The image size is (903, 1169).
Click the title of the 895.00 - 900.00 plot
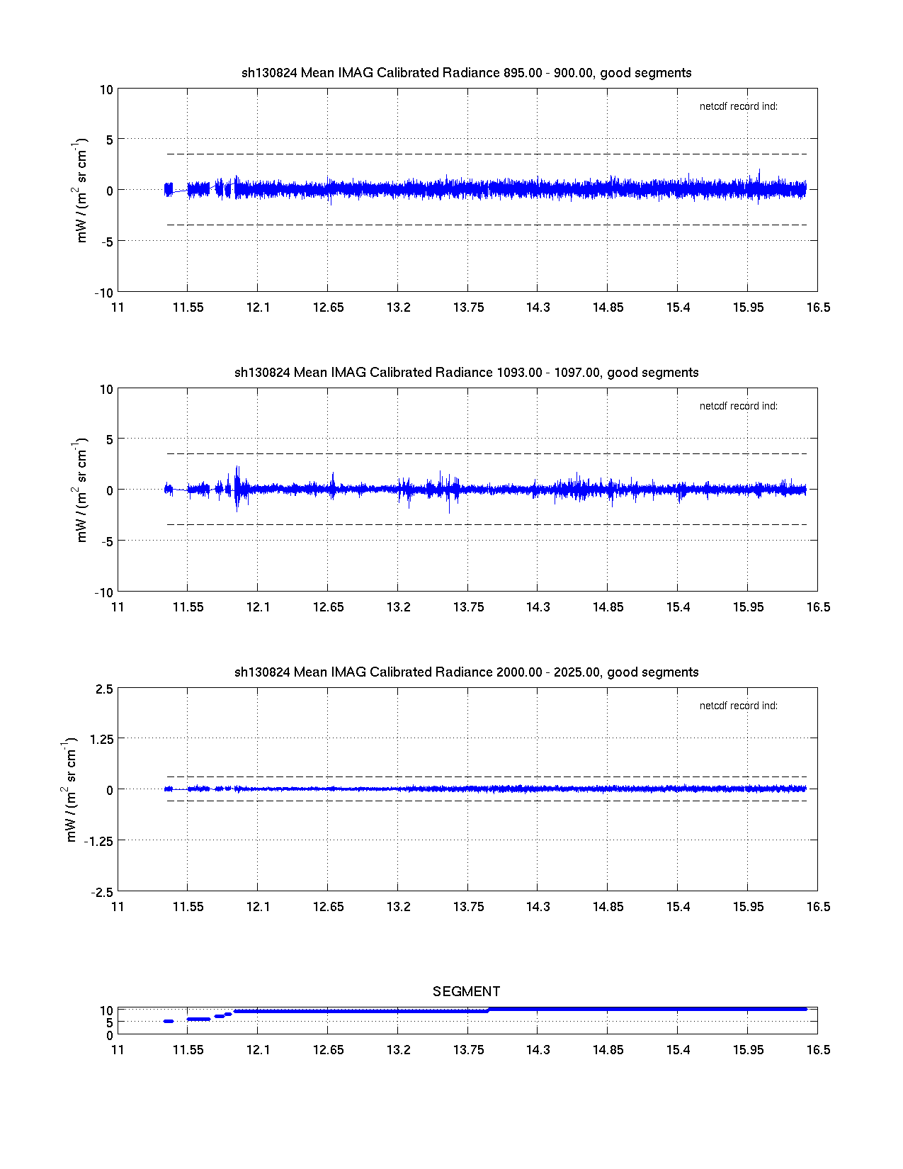coord(466,73)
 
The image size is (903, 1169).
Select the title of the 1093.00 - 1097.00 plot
coord(466,373)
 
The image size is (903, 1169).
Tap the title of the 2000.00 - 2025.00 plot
coord(466,672)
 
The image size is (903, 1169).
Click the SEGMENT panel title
coord(466,991)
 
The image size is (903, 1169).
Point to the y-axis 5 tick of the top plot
coord(109,140)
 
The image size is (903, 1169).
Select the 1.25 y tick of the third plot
coord(101,739)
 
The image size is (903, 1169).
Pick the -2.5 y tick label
coord(101,892)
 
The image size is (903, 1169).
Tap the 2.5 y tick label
coord(103,689)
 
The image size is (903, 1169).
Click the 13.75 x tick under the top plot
coord(468,307)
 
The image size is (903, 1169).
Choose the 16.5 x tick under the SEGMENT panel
coord(818,1050)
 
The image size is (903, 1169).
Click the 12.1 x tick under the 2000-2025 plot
coord(258,907)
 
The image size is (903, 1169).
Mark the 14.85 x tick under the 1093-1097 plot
coord(608,607)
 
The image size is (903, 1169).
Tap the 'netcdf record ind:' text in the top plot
coord(738,107)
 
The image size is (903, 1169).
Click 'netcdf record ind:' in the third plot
coord(738,706)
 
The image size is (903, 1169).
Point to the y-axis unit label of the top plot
coord(81,191)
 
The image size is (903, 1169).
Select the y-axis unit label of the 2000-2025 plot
coord(70,790)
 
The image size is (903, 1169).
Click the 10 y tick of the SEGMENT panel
coord(106,1011)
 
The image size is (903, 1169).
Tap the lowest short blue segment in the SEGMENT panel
coord(169,1021)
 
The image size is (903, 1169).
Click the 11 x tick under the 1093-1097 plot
coord(118,607)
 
